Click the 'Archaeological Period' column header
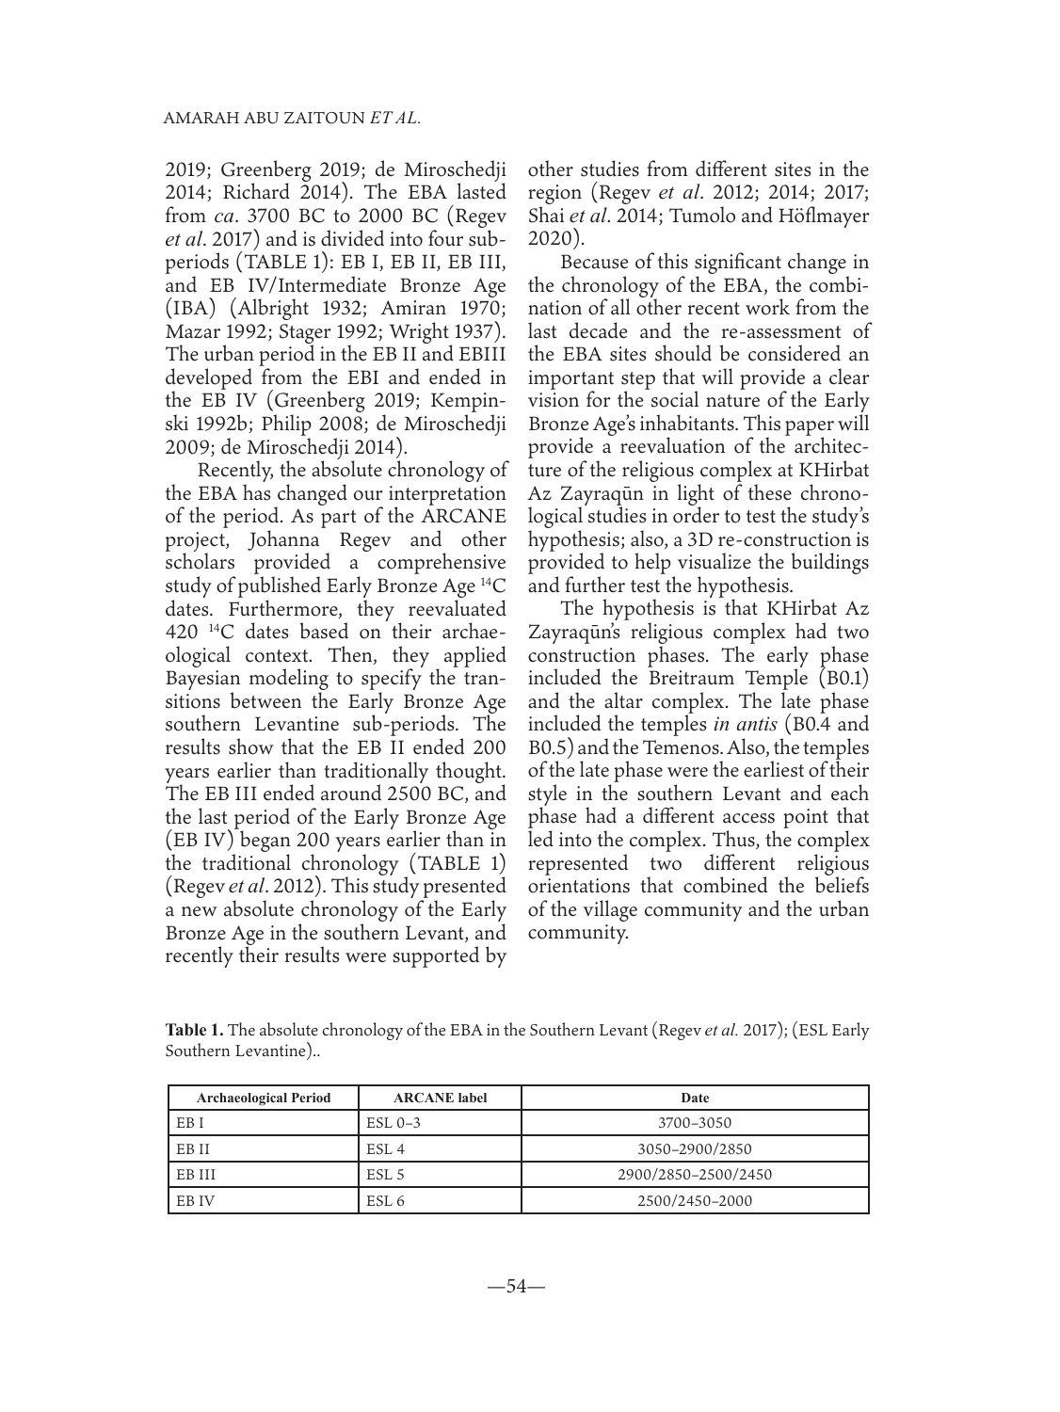click(264, 1098)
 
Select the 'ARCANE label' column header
click(440, 1098)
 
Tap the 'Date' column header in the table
click(695, 1098)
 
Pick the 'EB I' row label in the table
click(184, 1123)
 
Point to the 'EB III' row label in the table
click(189, 1175)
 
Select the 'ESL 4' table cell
click(384, 1148)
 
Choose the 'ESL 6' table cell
click(384, 1200)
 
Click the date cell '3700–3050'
click(695, 1123)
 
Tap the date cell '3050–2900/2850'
click(695, 1148)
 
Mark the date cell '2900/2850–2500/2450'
click(695, 1175)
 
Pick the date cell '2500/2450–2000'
click(695, 1200)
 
